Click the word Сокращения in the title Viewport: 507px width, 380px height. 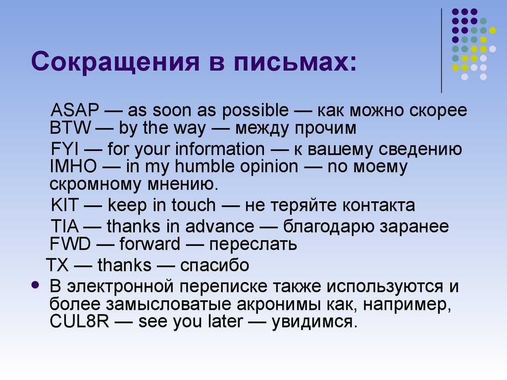click(x=115, y=61)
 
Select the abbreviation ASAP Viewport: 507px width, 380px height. click(x=75, y=110)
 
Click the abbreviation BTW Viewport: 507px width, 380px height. click(x=70, y=127)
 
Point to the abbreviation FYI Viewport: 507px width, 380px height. click(x=65, y=149)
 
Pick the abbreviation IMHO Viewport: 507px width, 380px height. click(x=73, y=166)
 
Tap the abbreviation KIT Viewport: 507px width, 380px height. click(x=65, y=205)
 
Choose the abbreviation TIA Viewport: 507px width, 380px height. click(x=65, y=226)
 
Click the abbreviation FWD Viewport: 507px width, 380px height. click(x=70, y=243)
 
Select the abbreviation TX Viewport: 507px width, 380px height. click(x=57, y=265)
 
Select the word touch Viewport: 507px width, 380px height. click(x=194, y=205)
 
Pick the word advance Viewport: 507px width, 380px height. click(x=219, y=226)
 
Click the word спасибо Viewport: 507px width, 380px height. click(x=215, y=265)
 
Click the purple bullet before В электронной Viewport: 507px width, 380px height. click(x=36, y=285)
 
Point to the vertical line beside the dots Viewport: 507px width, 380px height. click(x=441, y=51)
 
